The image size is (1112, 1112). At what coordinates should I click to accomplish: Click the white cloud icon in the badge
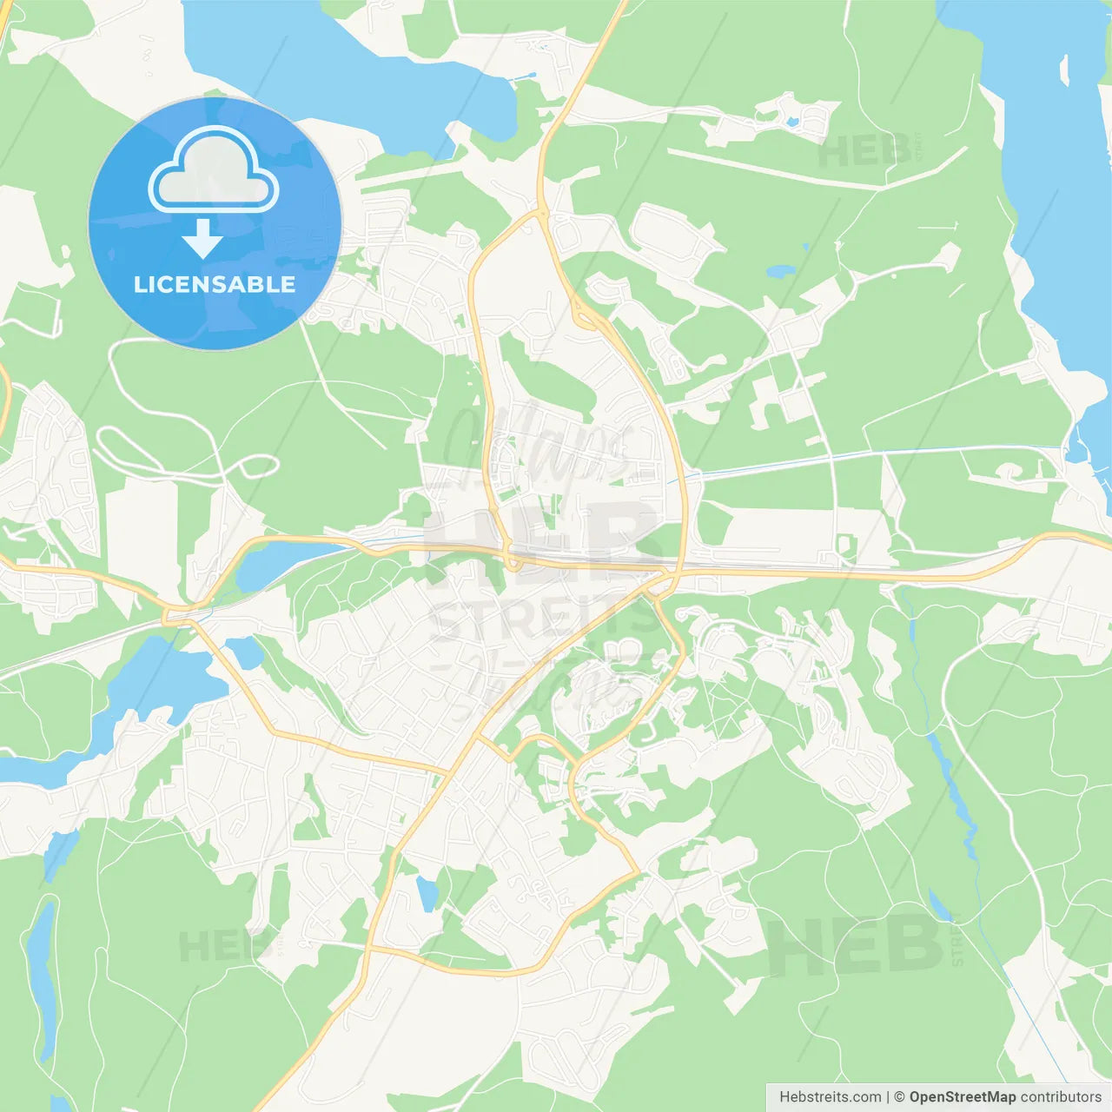click(214, 171)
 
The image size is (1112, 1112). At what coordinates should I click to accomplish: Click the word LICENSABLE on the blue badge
click(215, 284)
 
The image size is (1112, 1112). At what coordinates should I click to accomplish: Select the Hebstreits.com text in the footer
click(830, 1097)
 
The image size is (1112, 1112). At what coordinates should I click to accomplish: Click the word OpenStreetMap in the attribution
click(962, 1097)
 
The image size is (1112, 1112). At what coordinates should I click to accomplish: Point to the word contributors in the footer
click(1061, 1097)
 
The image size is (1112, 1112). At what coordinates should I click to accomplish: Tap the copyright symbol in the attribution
click(899, 1097)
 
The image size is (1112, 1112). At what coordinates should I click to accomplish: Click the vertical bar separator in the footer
click(888, 1097)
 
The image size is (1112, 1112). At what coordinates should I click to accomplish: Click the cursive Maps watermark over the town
click(539, 443)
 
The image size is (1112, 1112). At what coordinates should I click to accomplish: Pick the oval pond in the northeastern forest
click(779, 271)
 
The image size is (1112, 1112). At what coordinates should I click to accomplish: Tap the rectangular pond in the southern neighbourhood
click(427, 894)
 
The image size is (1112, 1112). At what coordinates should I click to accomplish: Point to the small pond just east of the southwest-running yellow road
click(245, 652)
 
